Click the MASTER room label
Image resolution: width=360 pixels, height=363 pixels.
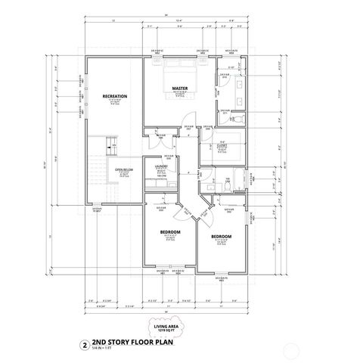click(179, 88)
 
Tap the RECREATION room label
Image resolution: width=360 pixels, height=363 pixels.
click(115, 96)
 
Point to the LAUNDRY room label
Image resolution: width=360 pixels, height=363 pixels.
click(160, 166)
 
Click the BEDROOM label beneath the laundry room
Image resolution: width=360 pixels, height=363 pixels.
click(171, 231)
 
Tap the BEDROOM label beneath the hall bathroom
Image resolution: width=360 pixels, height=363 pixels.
click(221, 237)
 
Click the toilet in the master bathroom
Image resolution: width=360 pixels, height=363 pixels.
click(233, 119)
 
